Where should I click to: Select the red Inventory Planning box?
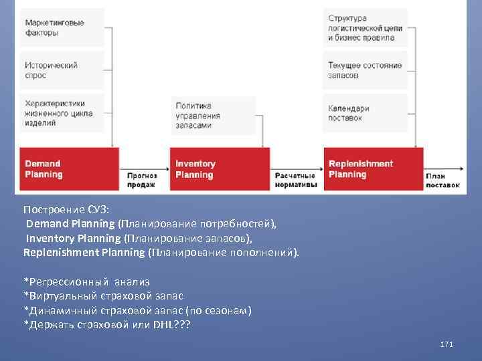pos(219,169)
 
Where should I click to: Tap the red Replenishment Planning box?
pos(374,169)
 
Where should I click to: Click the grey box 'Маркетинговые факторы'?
pos(62,27)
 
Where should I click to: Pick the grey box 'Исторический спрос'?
pos(62,70)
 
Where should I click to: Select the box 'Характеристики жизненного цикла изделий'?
pos(62,114)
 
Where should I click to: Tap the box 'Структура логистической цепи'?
pos(366,27)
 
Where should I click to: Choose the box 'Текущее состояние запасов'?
pos(366,70)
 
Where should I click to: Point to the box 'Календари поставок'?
pos(366,113)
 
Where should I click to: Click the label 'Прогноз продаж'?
pos(142,179)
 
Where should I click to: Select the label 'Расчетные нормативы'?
pos(296,179)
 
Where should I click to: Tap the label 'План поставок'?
pos(443,179)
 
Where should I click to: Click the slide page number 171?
pos(447,344)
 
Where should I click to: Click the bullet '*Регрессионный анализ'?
pos(86,282)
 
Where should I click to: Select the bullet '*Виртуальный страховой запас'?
pos(103,296)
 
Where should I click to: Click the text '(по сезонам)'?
pos(220,311)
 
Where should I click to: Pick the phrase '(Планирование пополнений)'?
pos(224,253)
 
